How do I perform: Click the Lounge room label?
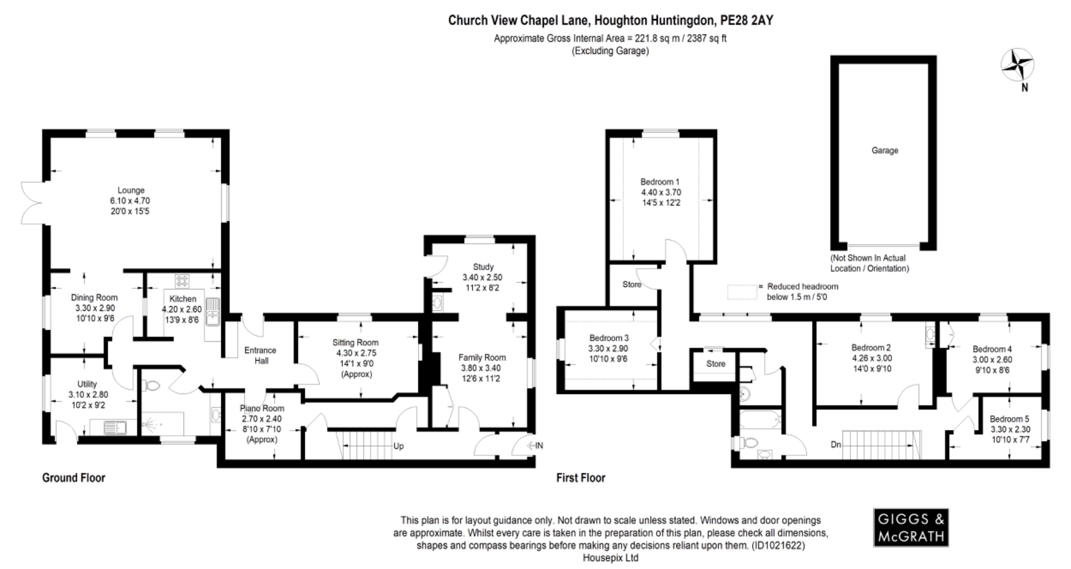point(131,191)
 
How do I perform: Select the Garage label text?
point(884,150)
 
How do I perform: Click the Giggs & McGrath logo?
point(910,527)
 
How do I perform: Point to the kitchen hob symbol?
point(182,281)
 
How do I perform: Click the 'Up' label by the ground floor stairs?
point(398,446)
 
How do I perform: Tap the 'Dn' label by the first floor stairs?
point(836,445)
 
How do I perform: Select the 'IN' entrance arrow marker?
point(534,446)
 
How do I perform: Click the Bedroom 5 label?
point(1009,419)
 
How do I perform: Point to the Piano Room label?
point(262,409)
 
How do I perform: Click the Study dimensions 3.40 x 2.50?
point(482,277)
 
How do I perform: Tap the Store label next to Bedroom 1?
point(632,285)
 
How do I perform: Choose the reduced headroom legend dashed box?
point(742,292)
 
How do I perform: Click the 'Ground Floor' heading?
point(74,478)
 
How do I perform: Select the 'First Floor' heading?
point(580,478)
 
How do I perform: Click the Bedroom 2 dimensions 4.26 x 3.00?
point(871,358)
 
